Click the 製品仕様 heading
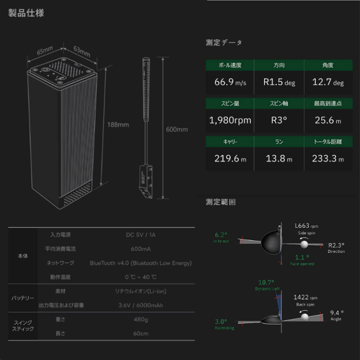pyautogui.click(x=26, y=13)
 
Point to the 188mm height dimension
pyautogui.click(x=117, y=124)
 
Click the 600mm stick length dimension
pyautogui.click(x=176, y=129)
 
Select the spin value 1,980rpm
pyautogui.click(x=230, y=120)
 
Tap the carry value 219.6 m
pyautogui.click(x=230, y=159)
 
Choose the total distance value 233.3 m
pyautogui.click(x=327, y=159)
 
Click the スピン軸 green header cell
pyautogui.click(x=279, y=103)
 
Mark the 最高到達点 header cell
pyautogui.click(x=327, y=103)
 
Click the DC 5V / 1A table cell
pyautogui.click(x=140, y=234)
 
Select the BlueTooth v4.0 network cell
pyautogui.click(x=140, y=262)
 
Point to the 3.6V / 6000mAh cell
pyautogui.click(x=140, y=305)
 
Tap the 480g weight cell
pyautogui.click(x=140, y=319)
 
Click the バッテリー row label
pyautogui.click(x=23, y=298)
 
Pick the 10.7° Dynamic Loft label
pyautogui.click(x=266, y=284)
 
